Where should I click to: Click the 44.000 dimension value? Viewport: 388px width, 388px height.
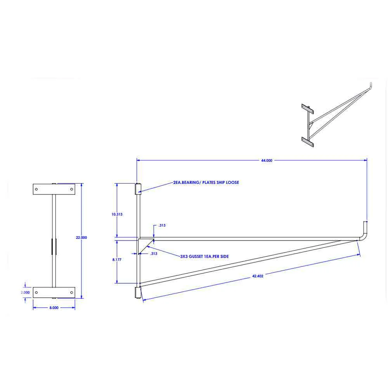coord(267,161)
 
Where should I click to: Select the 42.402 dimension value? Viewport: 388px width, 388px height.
coord(258,276)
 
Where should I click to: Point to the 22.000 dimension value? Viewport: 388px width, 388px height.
coord(81,237)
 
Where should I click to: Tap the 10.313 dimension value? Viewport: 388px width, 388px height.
coord(117,214)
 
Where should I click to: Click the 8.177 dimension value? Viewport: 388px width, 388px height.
coord(117,260)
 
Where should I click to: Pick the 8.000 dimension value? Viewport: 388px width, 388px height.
coord(54,308)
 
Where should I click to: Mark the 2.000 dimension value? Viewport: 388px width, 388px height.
coord(25,292)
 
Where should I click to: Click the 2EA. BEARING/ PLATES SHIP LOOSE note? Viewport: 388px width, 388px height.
coord(206,182)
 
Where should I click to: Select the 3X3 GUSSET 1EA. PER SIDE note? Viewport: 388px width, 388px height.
coord(204,256)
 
